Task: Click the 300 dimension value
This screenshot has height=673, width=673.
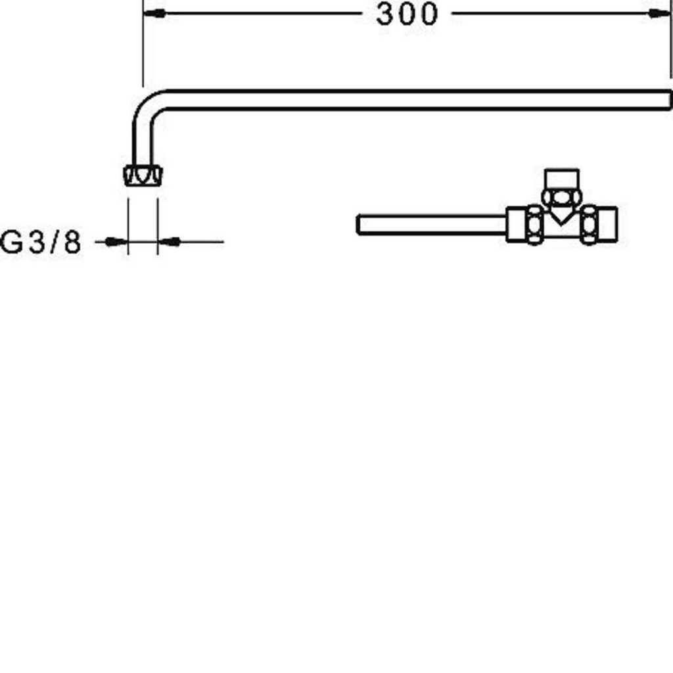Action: point(406,14)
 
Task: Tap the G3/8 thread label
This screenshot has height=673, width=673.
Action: point(41,243)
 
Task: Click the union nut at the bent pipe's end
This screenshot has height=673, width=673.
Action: point(143,175)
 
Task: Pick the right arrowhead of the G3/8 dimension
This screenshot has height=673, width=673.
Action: point(170,242)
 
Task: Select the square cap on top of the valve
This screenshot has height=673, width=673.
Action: point(562,178)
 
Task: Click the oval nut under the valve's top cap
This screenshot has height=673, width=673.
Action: point(561,197)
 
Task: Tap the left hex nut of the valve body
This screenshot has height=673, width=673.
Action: point(534,225)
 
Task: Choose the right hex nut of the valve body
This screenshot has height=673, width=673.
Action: point(589,225)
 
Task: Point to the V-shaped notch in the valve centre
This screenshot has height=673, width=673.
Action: point(561,215)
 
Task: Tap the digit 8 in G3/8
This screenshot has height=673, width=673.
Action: point(73,243)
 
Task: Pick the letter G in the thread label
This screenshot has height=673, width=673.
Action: point(12,243)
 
